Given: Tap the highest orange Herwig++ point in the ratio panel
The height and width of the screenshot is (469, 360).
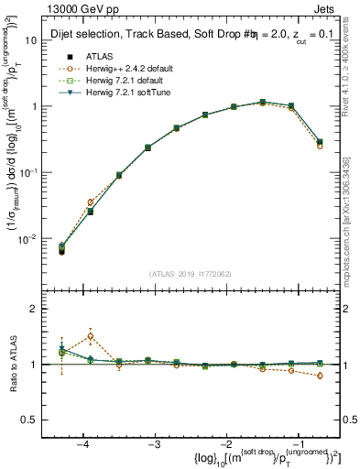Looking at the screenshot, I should (x=91, y=336).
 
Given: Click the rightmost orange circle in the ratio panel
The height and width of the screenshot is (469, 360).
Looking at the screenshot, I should (x=319, y=376).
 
